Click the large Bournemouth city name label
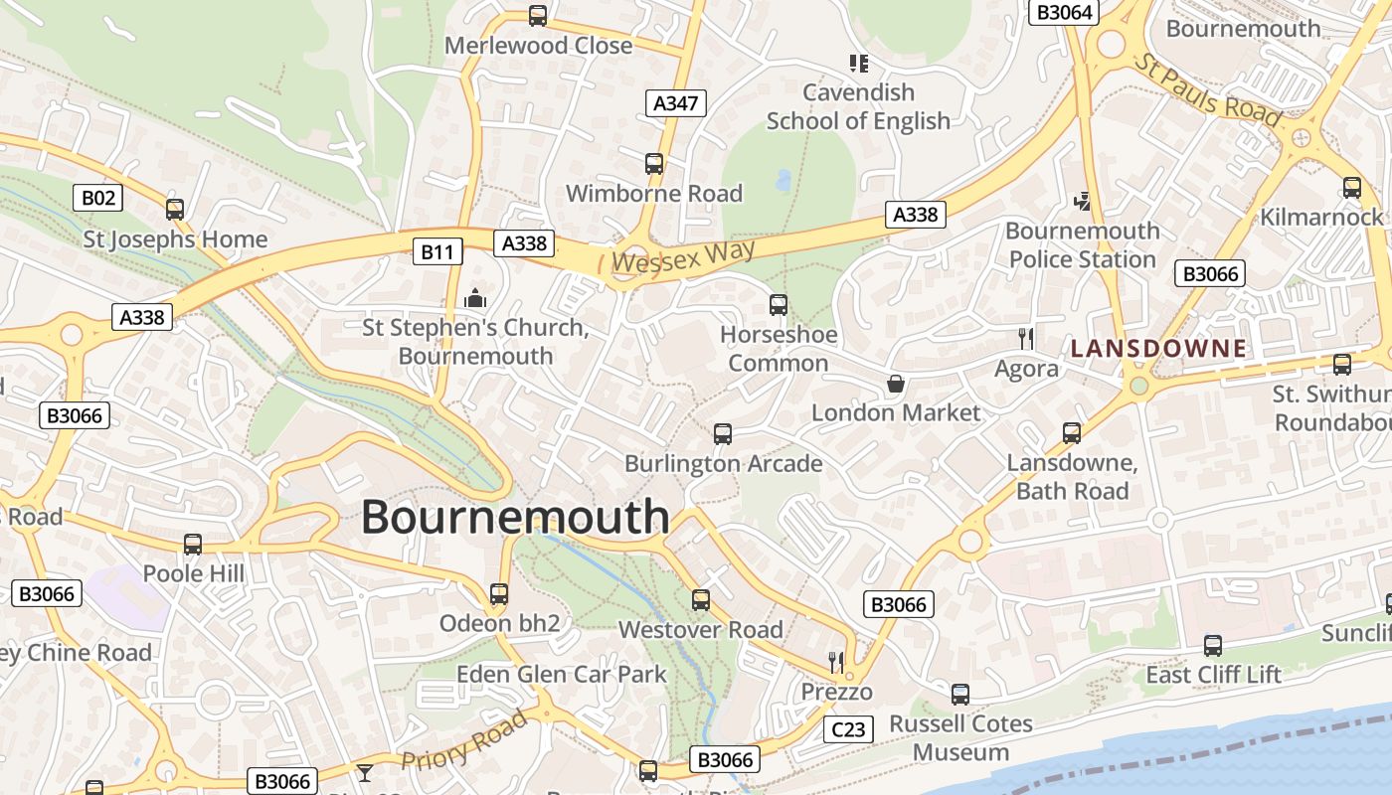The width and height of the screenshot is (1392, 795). (x=515, y=517)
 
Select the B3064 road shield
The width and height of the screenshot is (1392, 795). (x=1065, y=12)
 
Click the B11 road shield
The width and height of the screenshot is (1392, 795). (x=437, y=251)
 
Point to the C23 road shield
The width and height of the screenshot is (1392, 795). (x=848, y=729)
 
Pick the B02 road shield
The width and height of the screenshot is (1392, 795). (x=98, y=197)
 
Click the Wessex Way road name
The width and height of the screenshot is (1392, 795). (x=683, y=256)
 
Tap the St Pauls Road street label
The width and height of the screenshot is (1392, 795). (x=1207, y=90)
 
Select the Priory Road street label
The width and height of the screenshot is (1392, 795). (x=463, y=741)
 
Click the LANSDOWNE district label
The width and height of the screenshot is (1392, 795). (x=1158, y=348)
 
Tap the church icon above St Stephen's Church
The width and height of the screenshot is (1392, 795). (x=475, y=298)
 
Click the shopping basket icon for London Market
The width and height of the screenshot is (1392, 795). (x=896, y=384)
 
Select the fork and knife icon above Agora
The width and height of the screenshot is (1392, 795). (x=1026, y=339)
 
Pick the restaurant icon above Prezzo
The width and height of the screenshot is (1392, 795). (x=836, y=662)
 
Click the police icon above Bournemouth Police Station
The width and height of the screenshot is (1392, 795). (x=1083, y=202)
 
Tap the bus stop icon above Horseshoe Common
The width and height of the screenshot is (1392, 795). (x=779, y=305)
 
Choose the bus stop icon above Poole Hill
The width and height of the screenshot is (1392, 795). (x=193, y=545)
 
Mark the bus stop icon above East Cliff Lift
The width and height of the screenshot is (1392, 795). (x=1213, y=645)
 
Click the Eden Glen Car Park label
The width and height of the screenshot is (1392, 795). (x=561, y=674)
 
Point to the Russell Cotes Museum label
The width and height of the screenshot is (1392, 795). (x=960, y=737)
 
